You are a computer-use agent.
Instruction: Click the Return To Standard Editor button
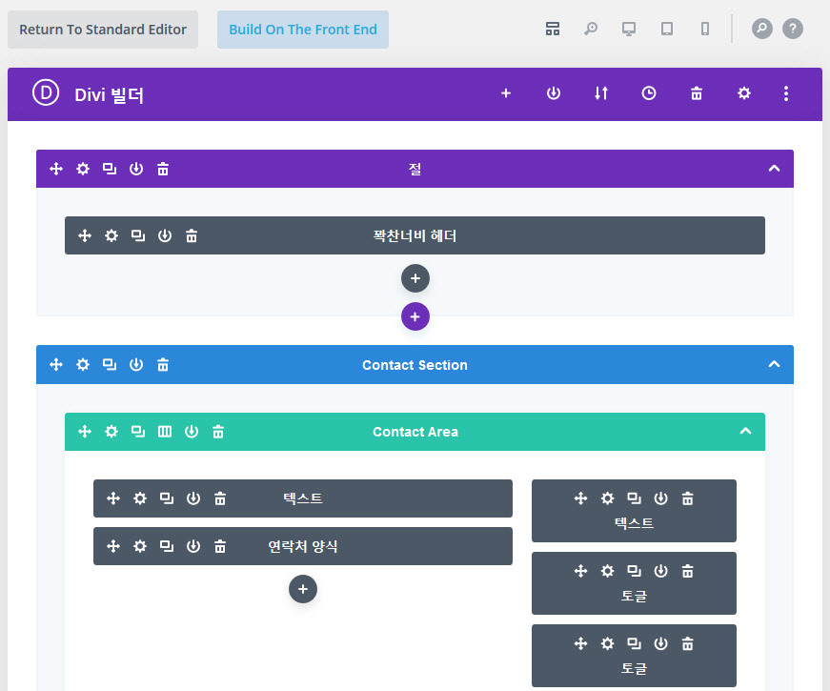coord(103,30)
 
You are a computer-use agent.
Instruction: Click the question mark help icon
coord(792,29)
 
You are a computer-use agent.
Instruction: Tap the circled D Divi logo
coord(46,93)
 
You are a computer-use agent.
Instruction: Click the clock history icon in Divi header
coord(649,93)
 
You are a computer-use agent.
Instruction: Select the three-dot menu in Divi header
coord(786,93)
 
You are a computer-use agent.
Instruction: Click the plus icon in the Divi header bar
coord(506,93)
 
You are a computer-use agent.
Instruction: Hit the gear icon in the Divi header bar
coord(744,93)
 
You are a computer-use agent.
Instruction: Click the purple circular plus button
coord(415,316)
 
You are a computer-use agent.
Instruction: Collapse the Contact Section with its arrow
coord(774,364)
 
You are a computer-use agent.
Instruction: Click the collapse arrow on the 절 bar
coord(774,169)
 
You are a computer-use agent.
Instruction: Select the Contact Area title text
coord(415,432)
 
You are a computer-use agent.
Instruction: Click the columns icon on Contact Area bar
coord(165,432)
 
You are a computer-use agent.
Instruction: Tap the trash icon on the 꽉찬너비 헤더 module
coord(192,235)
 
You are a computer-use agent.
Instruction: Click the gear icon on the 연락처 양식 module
coord(140,546)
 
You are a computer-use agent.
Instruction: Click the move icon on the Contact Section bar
coord(56,365)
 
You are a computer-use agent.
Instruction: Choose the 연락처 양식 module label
coord(303,546)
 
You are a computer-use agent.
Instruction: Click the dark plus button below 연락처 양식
coord(303,589)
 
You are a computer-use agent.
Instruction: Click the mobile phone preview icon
coord(705,29)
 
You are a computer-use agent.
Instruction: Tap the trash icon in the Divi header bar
coord(697,93)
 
